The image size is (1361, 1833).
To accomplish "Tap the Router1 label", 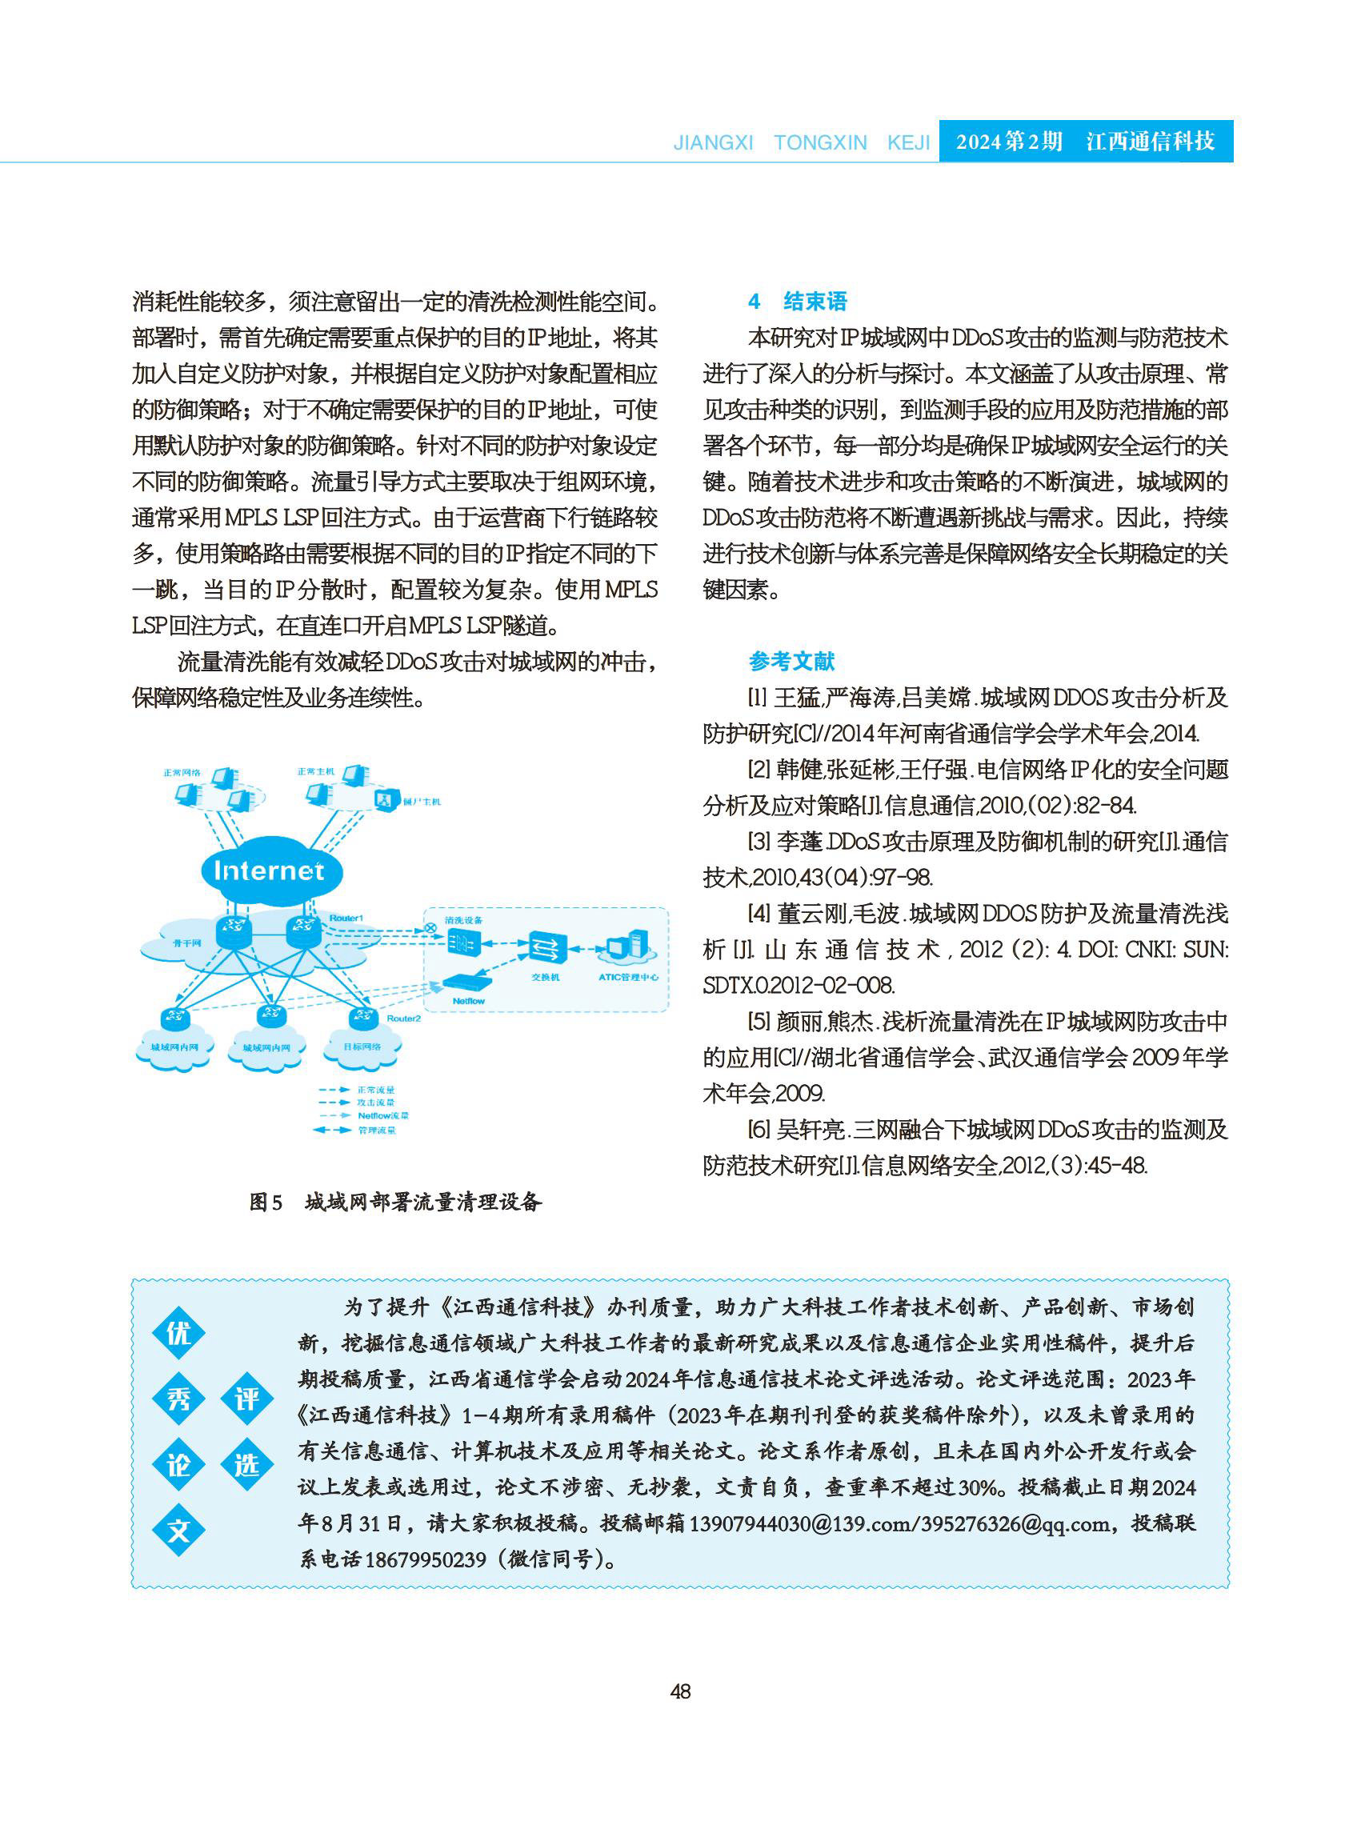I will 346,918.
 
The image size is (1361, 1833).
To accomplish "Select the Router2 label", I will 404,1019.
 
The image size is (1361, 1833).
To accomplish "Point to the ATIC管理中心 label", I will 628,977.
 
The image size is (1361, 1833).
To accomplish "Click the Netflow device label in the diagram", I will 468,1001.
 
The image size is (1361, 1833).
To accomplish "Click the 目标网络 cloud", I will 362,1047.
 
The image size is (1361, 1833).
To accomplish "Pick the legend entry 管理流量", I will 377,1131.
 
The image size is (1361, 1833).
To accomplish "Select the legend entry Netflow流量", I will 382,1116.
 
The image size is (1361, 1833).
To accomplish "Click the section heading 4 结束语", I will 797,302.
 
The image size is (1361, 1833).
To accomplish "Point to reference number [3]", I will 759,842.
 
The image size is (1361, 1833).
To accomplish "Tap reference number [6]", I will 759,1130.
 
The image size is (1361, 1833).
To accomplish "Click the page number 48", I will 680,1691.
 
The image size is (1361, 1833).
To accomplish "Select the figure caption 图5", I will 266,1203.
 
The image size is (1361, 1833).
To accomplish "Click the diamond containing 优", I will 178,1333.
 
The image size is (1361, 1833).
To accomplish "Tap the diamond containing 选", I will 247,1465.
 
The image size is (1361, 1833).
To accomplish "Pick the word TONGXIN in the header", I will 820,142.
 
